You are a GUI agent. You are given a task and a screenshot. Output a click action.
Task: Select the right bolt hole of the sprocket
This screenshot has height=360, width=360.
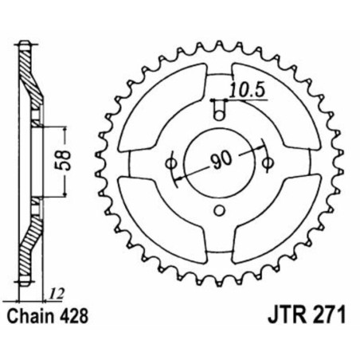point(266,164)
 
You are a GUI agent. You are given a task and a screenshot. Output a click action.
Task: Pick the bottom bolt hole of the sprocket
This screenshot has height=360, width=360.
point(219,211)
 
